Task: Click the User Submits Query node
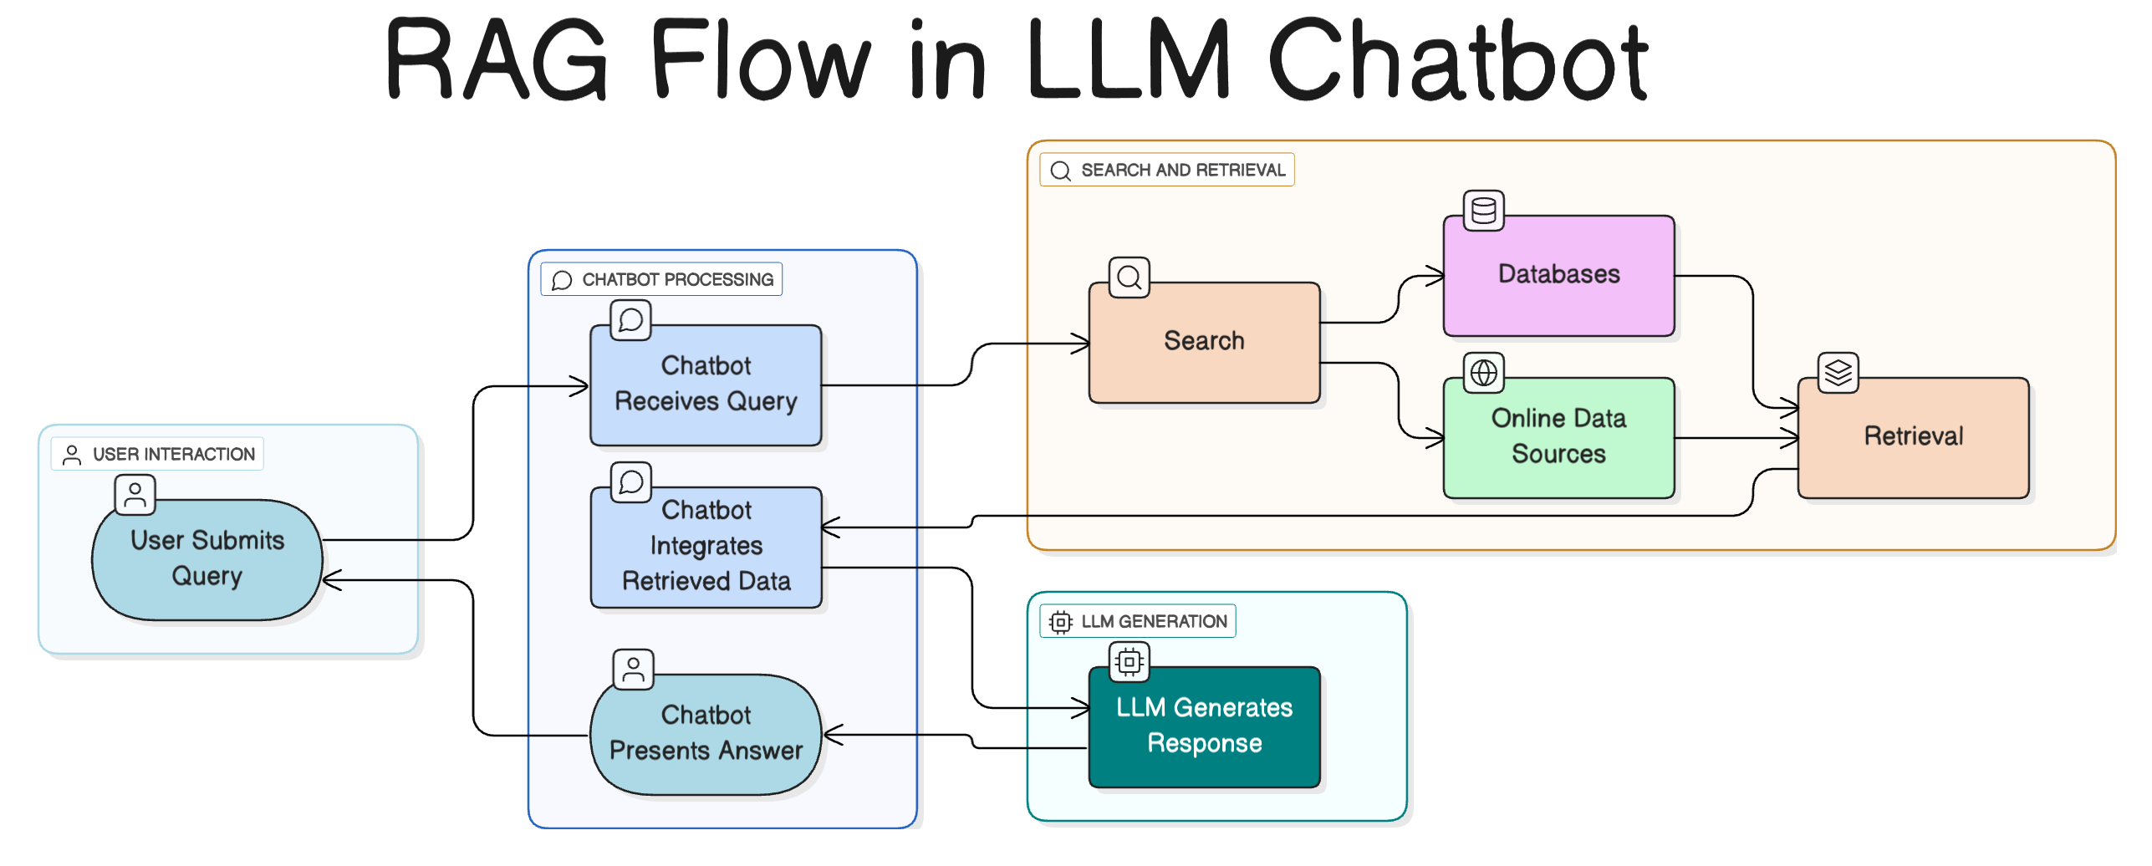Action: tap(207, 559)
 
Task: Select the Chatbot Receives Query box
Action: tap(706, 385)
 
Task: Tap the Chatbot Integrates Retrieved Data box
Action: tap(706, 547)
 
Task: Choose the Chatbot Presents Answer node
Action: tap(706, 734)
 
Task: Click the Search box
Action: tap(1204, 342)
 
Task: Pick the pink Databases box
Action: tap(1558, 275)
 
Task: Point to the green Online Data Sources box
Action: tap(1558, 437)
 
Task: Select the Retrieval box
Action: tap(1913, 437)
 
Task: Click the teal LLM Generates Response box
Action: tap(1204, 726)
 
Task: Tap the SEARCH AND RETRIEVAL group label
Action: tap(1167, 170)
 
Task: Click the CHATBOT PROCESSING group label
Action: tap(662, 279)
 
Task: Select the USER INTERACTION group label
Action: tap(157, 454)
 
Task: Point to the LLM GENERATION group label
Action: tap(1138, 621)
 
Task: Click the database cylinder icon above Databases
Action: tap(1484, 211)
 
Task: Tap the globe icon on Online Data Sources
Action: tap(1484, 373)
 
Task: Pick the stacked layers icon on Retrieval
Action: tap(1838, 373)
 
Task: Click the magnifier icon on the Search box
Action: tap(1130, 278)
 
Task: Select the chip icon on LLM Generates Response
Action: tap(1130, 662)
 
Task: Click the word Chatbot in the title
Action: tap(1459, 60)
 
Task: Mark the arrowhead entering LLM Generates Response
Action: tap(1082, 709)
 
